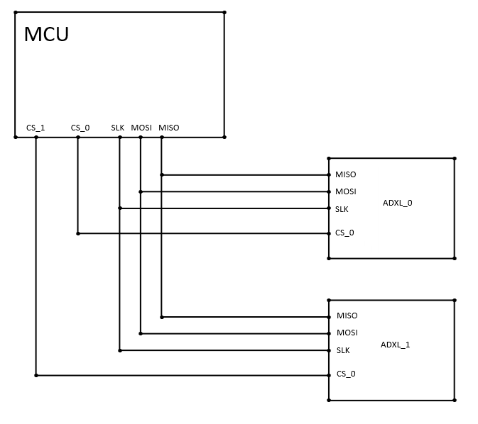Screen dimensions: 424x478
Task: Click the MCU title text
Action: pyautogui.click(x=46, y=34)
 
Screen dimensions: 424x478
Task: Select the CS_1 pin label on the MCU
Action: pyautogui.click(x=36, y=128)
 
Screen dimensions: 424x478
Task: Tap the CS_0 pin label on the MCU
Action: pyautogui.click(x=80, y=128)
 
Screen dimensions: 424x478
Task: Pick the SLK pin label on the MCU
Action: pyautogui.click(x=118, y=128)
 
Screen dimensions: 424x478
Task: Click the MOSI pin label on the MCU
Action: pyautogui.click(x=141, y=128)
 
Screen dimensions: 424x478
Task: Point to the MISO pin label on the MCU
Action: pyautogui.click(x=169, y=128)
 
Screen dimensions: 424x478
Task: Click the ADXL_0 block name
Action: pyautogui.click(x=398, y=203)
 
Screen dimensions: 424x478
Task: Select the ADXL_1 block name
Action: pyautogui.click(x=396, y=345)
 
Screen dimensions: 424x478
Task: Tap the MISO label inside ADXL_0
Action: pyautogui.click(x=346, y=174)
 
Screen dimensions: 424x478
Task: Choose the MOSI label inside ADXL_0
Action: pyautogui.click(x=346, y=191)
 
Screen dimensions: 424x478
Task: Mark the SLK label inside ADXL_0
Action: pyautogui.click(x=342, y=209)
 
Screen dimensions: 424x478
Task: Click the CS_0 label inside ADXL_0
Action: pyautogui.click(x=344, y=233)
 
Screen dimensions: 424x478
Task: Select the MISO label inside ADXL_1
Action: pyautogui.click(x=347, y=316)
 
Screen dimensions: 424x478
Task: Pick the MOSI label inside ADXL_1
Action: pyautogui.click(x=347, y=333)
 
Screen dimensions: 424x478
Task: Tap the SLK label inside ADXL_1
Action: pyautogui.click(x=343, y=350)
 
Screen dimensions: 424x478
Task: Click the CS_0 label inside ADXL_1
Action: pyautogui.click(x=346, y=374)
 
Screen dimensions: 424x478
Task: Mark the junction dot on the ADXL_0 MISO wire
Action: pyautogui.click(x=162, y=174)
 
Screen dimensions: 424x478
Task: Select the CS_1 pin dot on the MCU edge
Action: pyautogui.click(x=36, y=137)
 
